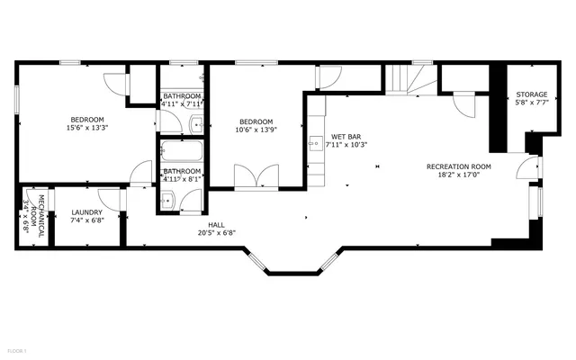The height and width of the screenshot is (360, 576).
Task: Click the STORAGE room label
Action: (x=531, y=94)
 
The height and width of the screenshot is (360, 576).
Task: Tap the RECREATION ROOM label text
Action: (x=458, y=166)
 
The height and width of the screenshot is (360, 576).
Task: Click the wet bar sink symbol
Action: (x=316, y=142)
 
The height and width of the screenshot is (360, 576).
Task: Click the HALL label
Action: (x=216, y=225)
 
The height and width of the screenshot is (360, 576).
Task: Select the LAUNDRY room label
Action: (x=86, y=213)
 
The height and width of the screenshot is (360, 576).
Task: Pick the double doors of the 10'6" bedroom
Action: (x=256, y=176)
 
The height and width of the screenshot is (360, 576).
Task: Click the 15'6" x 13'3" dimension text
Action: (x=87, y=128)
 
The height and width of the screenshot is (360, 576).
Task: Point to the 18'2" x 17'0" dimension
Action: (x=458, y=175)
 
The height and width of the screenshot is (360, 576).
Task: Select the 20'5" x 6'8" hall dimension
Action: (x=216, y=233)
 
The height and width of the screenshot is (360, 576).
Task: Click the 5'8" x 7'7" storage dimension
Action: (x=531, y=103)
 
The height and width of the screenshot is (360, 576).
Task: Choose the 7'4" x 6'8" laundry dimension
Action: (x=86, y=221)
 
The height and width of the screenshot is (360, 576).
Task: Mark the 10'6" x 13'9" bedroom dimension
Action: (x=256, y=130)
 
